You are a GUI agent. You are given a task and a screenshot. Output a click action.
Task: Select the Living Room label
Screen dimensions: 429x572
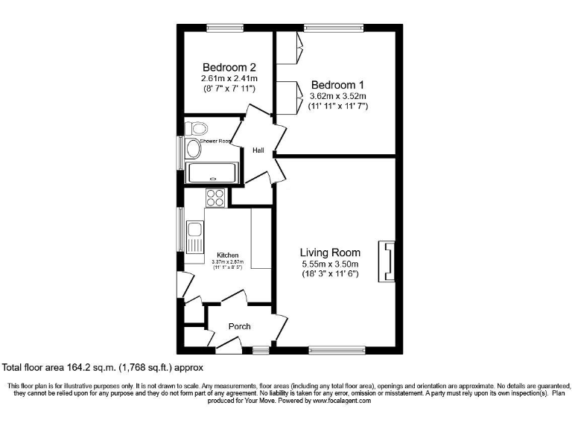point(330,252)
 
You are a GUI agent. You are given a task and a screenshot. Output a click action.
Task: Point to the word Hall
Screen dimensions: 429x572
point(258,150)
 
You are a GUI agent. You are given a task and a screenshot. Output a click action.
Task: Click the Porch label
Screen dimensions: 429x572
point(239,326)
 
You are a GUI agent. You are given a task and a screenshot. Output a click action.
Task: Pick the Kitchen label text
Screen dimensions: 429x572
point(228,255)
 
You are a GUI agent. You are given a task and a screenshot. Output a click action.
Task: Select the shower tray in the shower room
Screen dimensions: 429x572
point(212,173)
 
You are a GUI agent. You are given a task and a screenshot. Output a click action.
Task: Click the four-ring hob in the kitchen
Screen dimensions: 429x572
point(215,197)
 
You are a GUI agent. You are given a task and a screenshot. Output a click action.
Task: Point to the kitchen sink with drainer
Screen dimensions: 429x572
point(195,237)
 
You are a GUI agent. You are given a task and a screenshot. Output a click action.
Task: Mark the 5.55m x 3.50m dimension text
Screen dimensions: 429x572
point(330,264)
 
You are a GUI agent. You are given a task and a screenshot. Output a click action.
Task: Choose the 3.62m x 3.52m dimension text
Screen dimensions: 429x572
point(339,96)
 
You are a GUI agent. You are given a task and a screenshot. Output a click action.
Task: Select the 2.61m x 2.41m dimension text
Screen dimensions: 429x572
point(229,79)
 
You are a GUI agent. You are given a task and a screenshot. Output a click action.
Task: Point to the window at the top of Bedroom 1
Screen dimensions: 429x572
point(334,28)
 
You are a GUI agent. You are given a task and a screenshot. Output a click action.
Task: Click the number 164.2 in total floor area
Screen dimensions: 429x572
point(77,367)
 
